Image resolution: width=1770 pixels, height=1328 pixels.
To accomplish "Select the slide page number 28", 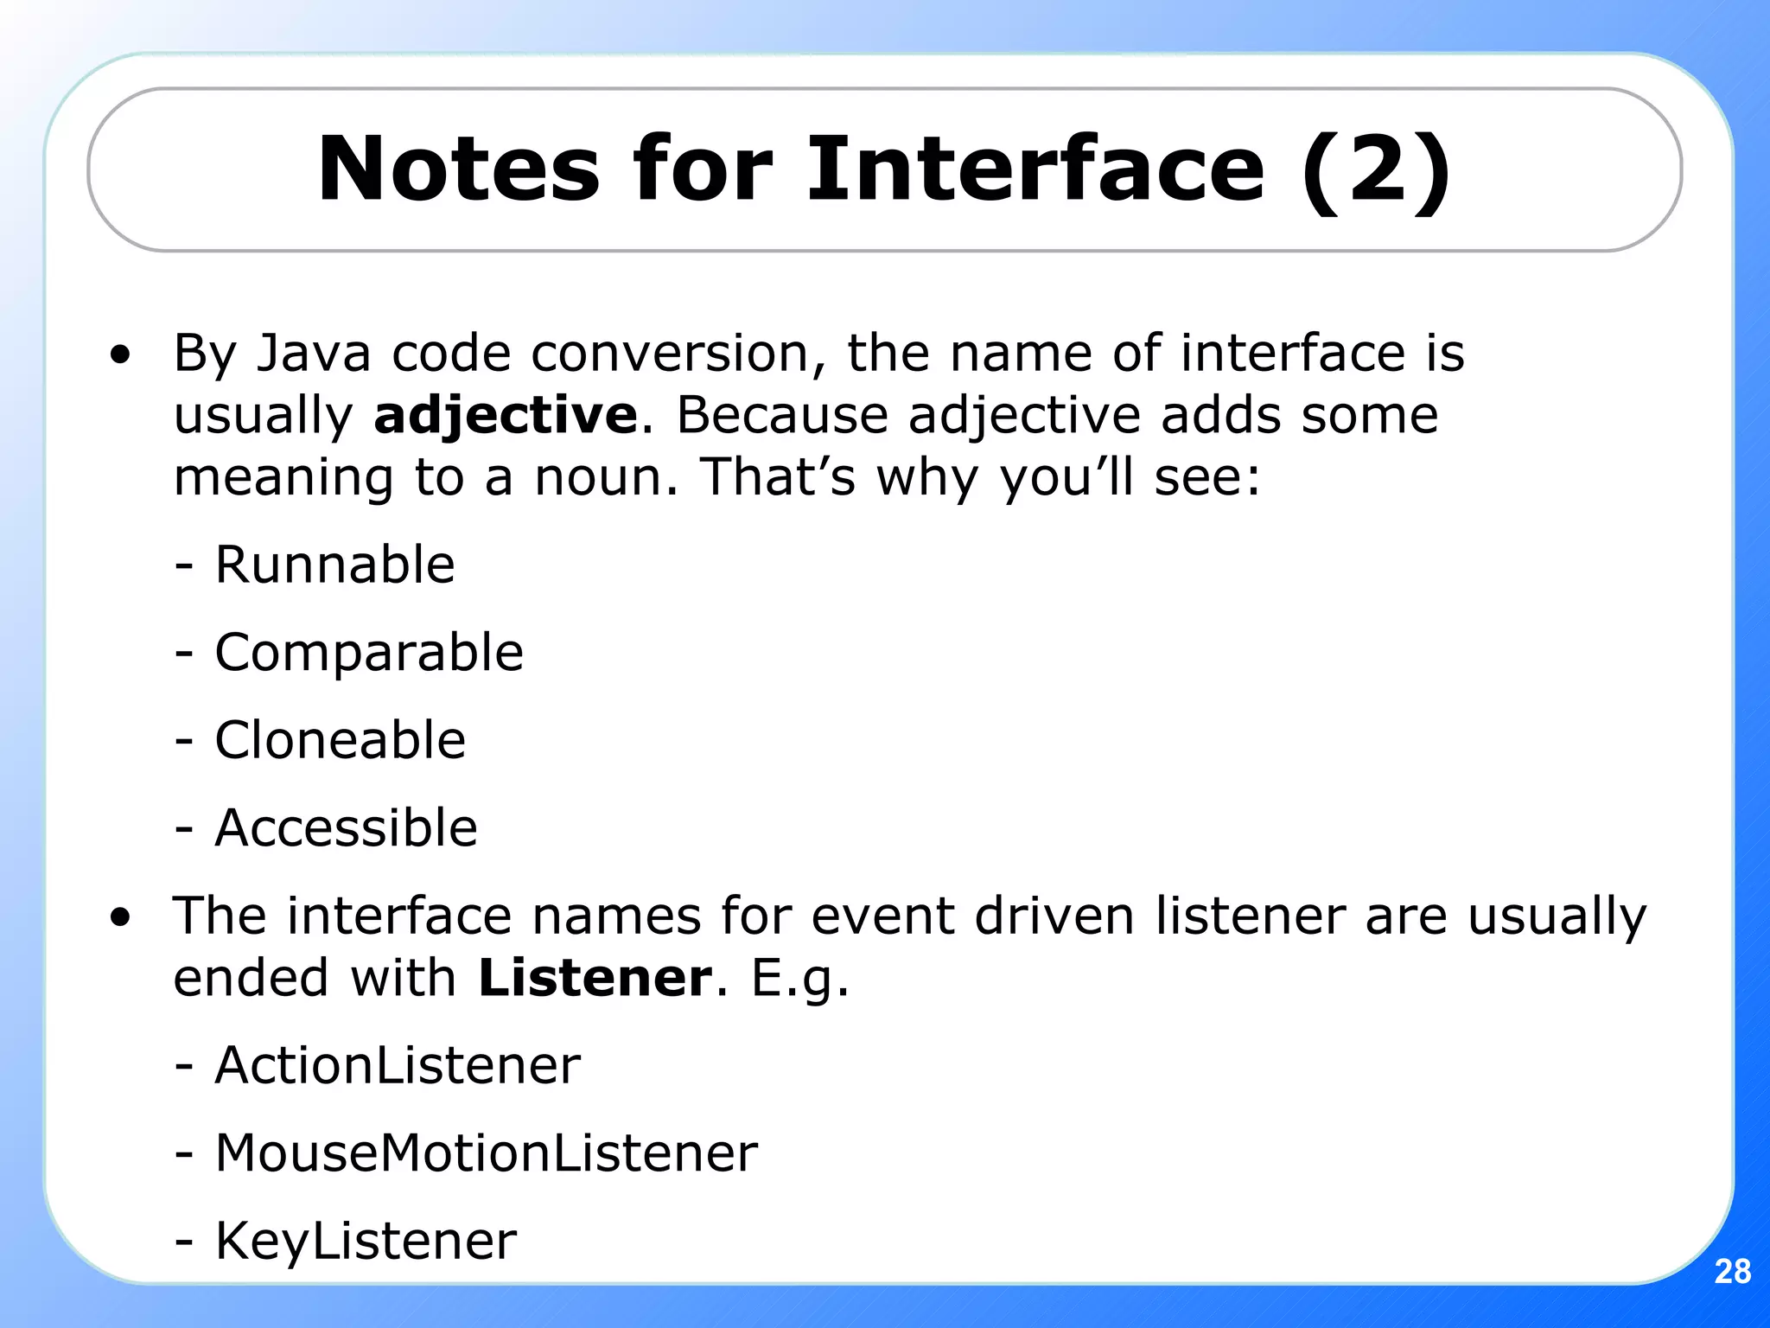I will pos(1732,1272).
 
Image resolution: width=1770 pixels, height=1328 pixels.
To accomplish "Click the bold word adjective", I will pos(506,416).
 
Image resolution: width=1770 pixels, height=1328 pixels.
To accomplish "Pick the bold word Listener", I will pos(595,978).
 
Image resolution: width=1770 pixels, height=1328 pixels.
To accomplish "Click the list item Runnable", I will pos(334,565).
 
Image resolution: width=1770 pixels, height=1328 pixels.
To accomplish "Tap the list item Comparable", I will pos(368,652).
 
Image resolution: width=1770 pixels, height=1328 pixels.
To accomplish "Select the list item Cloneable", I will pos(340,740).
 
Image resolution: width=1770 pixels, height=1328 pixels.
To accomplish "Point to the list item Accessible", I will pos(345,827).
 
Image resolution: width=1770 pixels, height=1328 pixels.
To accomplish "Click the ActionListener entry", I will pos(397,1065).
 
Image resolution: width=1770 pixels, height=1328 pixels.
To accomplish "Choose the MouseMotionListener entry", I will pos(486,1152).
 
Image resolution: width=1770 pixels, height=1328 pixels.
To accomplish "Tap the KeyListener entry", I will pos(365,1241).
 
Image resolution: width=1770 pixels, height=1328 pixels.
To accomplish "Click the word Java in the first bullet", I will pos(314,353).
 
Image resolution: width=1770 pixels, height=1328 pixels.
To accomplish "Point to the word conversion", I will pos(671,353).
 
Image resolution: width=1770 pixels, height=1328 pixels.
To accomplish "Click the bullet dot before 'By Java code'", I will pos(120,354).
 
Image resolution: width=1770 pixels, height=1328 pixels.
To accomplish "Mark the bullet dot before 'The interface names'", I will pos(120,917).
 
